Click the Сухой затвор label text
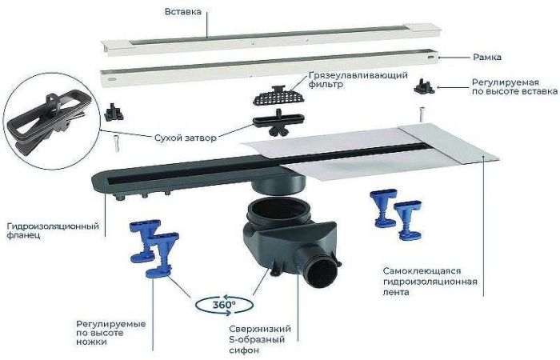pyautogui.click(x=185, y=138)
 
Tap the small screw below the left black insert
pyautogui.click(x=118, y=144)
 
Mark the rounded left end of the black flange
pyautogui.click(x=100, y=178)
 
